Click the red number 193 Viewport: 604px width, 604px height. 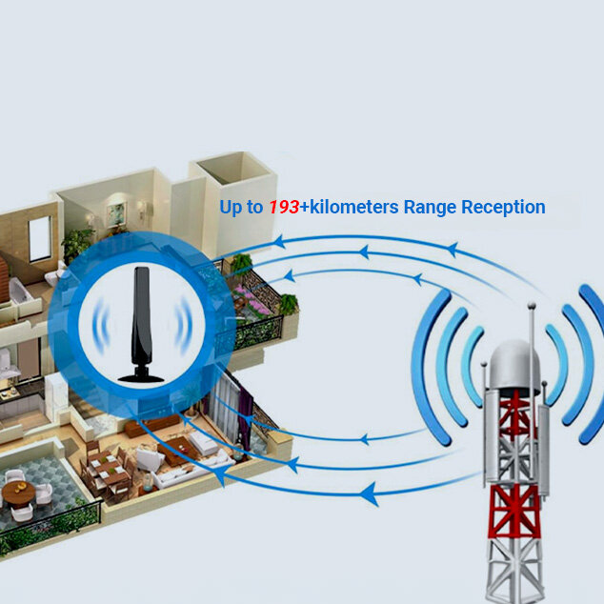[x=284, y=208]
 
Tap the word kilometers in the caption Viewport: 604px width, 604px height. [x=354, y=207]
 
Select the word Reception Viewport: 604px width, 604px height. [x=503, y=208]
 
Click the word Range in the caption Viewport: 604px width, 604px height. [x=430, y=209]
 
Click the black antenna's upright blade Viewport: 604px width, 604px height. [x=141, y=316]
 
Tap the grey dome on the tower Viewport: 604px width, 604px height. [x=514, y=365]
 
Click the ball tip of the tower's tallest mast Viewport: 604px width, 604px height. [x=532, y=306]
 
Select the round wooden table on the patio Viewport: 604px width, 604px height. [x=18, y=493]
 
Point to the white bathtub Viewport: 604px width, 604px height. [x=19, y=292]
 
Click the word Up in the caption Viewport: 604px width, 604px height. [x=231, y=208]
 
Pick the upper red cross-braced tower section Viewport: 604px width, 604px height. [x=515, y=413]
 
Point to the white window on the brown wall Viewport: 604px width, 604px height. [x=39, y=238]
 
